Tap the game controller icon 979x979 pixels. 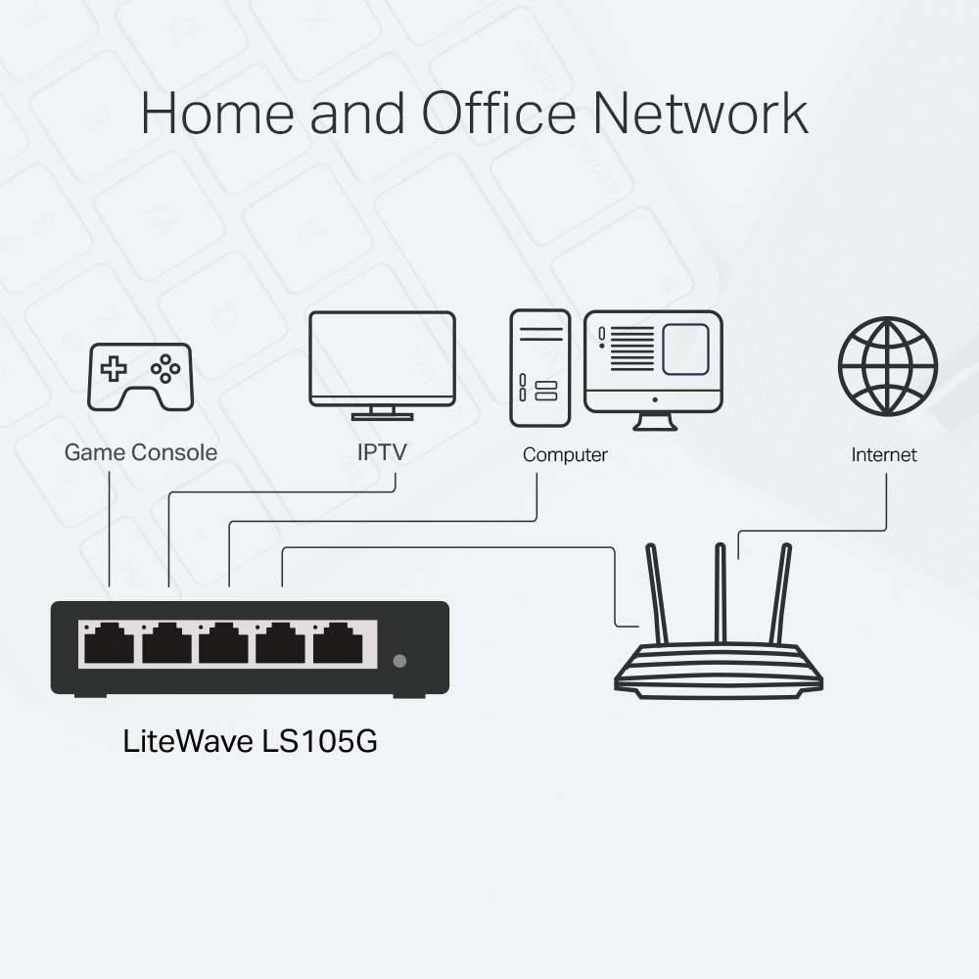pos(141,375)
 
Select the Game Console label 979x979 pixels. pos(141,452)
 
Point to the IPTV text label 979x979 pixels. pos(382,452)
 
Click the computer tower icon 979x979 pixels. pos(539,368)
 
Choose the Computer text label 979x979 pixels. pos(565,455)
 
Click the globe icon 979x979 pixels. pos(888,366)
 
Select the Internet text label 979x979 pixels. pos(884,455)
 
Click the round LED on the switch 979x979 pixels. pos(398,661)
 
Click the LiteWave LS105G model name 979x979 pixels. pos(251,741)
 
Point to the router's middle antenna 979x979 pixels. pos(721,592)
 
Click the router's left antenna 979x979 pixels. pos(657,592)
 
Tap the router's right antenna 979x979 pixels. pos(781,592)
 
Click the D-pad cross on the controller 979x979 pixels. pos(116,369)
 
